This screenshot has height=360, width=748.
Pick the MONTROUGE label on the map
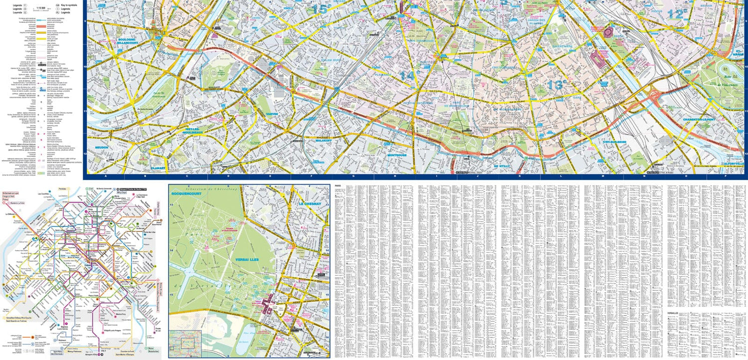[x=397, y=155]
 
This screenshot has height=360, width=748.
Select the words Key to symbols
[x=69, y=5]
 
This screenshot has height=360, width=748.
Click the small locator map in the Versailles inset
[x=183, y=345]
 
